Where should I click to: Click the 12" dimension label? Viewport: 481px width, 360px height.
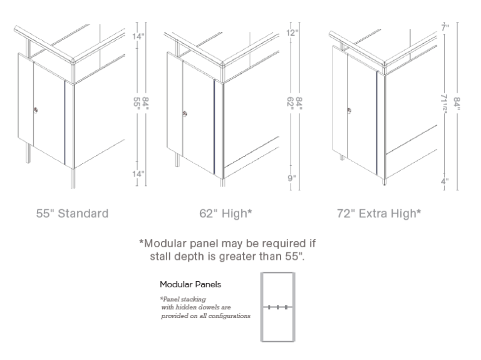292,33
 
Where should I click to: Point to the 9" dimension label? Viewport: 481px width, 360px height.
292,178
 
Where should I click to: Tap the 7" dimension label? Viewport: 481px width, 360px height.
445,28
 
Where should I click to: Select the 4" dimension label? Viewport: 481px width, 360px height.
445,181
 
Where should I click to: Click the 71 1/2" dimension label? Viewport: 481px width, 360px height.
444,103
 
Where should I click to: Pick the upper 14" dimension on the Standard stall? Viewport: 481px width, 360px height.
138,36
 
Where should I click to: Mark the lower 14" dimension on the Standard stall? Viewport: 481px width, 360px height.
138,174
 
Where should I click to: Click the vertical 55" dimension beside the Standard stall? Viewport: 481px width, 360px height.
137,102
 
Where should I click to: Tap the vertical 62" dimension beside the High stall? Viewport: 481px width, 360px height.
291,102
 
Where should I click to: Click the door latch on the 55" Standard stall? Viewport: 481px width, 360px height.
36,110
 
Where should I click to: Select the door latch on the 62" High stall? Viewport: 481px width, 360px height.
185,114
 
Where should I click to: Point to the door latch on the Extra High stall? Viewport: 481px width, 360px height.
349,110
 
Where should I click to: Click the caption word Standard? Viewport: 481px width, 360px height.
83,213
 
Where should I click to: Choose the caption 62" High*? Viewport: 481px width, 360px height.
225,213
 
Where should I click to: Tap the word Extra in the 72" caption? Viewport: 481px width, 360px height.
371,213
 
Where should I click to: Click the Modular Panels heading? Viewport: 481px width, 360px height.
190,285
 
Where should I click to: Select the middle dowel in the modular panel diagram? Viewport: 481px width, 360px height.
277,307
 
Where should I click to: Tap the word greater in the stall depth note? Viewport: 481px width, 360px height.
237,256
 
